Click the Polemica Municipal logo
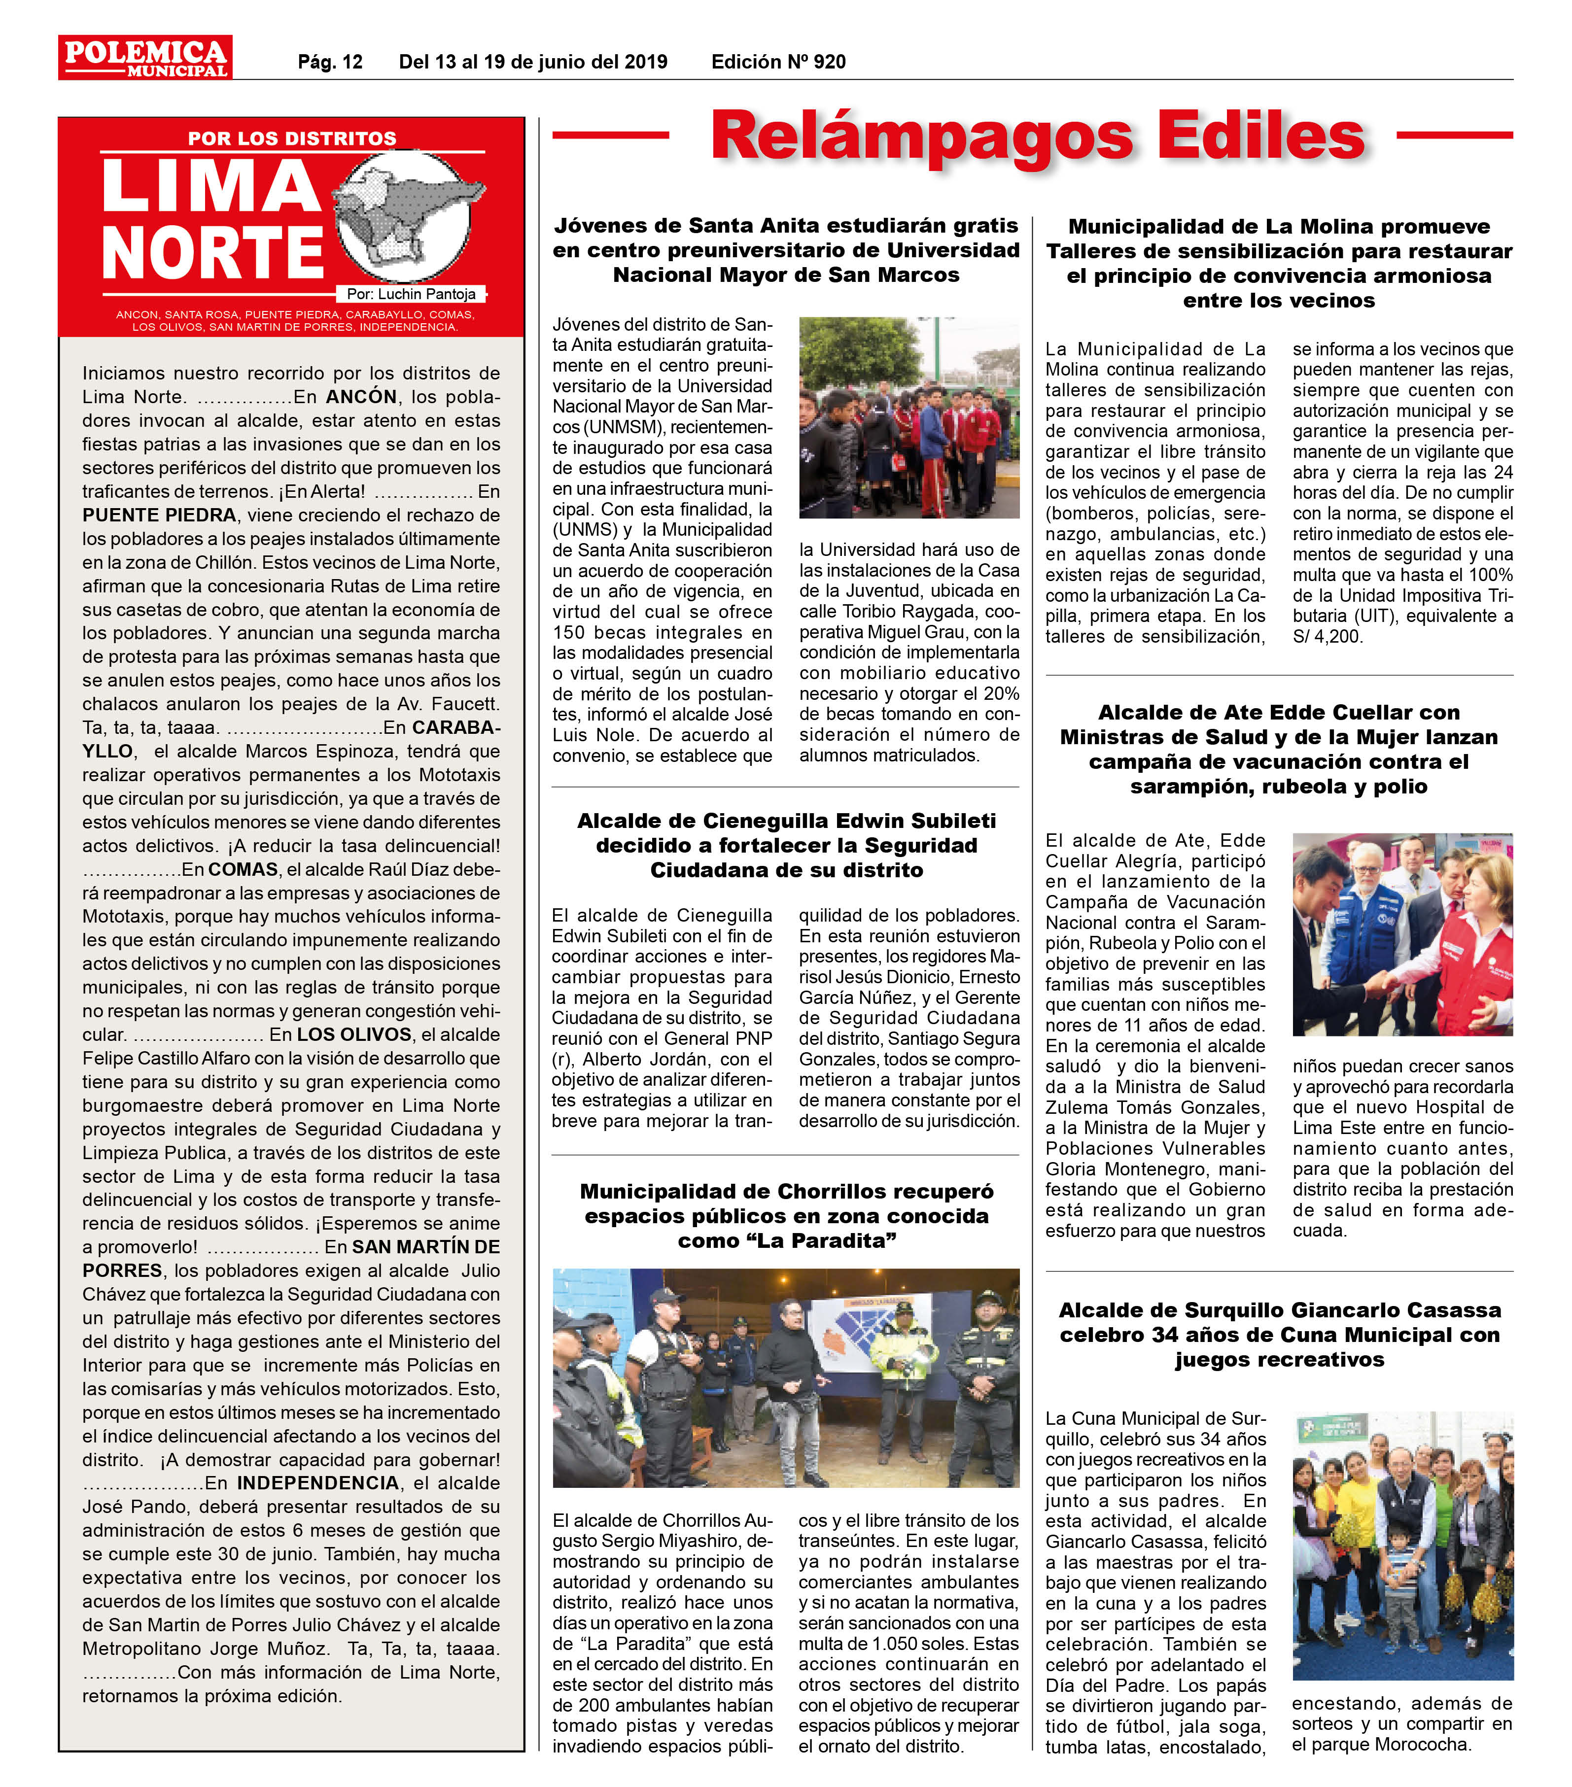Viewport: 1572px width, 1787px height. (145, 58)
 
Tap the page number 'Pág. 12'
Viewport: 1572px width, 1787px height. (330, 62)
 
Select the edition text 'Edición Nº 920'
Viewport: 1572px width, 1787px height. (778, 62)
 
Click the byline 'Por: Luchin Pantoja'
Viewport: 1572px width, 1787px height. (411, 295)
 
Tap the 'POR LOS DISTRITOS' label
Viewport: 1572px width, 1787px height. (292, 138)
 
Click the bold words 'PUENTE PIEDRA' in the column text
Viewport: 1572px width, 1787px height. (159, 515)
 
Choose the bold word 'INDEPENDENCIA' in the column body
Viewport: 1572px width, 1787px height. (317, 1483)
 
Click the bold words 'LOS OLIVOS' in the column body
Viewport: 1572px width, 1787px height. (354, 1035)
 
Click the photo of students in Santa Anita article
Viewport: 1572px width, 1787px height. (909, 418)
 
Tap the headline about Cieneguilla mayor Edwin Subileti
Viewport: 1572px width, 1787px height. (786, 845)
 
